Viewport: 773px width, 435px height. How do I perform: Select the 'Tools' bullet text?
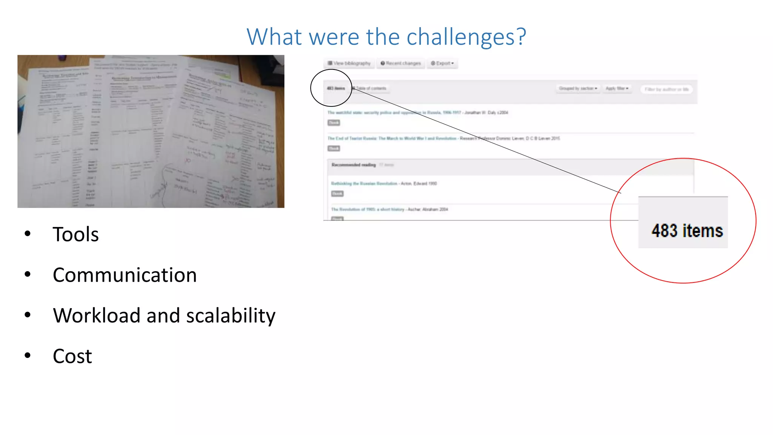click(75, 234)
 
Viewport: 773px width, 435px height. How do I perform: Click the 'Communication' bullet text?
click(125, 275)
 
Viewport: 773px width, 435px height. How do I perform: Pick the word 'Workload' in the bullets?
click(97, 316)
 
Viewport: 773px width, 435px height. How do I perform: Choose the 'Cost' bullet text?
click(72, 356)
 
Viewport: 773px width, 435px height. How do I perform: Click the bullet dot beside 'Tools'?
click(28, 234)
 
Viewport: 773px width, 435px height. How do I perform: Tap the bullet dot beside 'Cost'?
click(28, 355)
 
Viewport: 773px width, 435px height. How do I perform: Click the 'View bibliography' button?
click(349, 63)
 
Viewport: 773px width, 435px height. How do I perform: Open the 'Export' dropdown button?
click(442, 63)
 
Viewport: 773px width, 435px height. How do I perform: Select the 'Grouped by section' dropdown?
click(578, 88)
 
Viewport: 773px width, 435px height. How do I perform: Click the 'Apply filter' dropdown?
click(617, 88)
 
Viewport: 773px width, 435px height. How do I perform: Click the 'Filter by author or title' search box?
click(666, 89)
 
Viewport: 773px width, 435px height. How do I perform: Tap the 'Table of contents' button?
click(370, 88)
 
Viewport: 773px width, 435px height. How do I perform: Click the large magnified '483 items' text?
click(687, 231)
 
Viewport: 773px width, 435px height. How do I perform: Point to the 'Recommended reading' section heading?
click(354, 165)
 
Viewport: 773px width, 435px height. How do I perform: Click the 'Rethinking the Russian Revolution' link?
click(364, 184)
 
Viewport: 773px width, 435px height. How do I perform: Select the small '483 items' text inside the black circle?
click(336, 88)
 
